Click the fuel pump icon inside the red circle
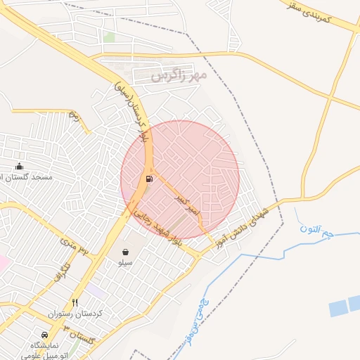click(148, 179)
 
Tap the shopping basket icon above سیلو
click(125, 252)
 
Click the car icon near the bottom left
click(45, 335)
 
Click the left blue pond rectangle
click(338, 307)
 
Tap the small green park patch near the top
click(109, 36)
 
